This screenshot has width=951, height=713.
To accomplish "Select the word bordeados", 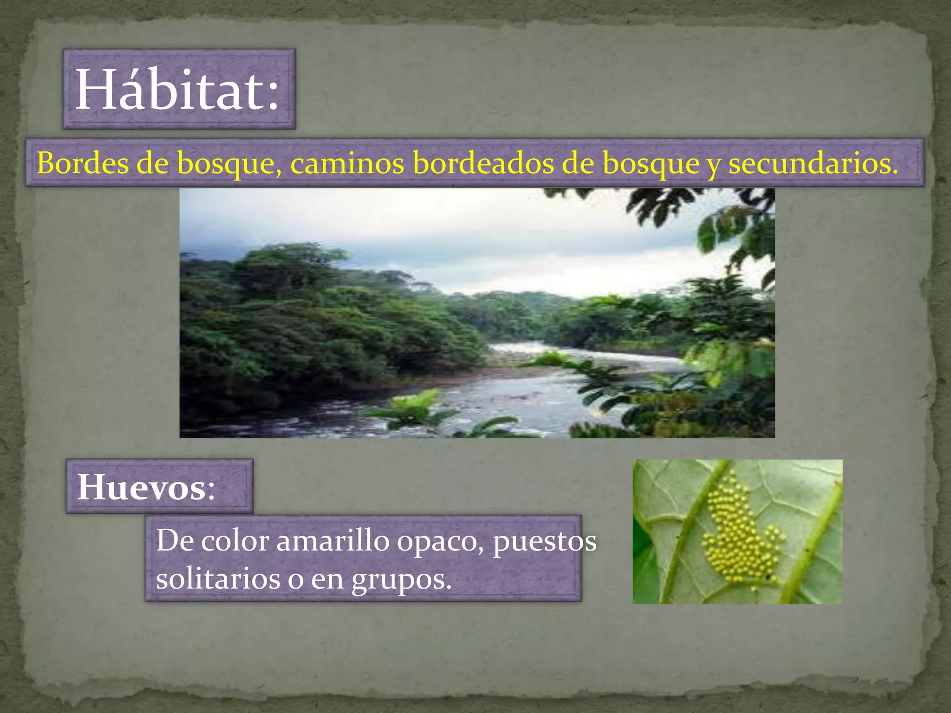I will pos(483,163).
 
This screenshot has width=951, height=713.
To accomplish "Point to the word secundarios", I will pos(813,163).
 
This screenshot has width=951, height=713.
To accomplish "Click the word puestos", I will pos(544,542).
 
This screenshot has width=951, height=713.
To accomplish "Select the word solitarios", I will pos(218,579).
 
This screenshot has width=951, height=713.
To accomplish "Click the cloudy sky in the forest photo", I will pos(418,223).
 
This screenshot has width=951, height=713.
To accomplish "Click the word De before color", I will pos(174,541).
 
